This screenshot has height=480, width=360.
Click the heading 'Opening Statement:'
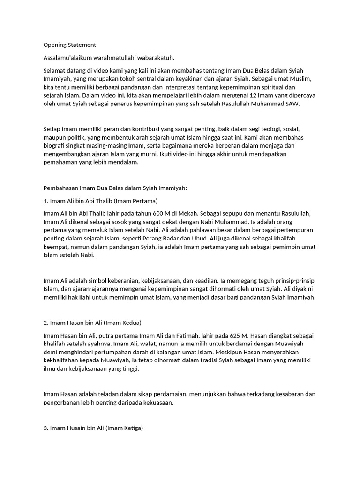point(71,45)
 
